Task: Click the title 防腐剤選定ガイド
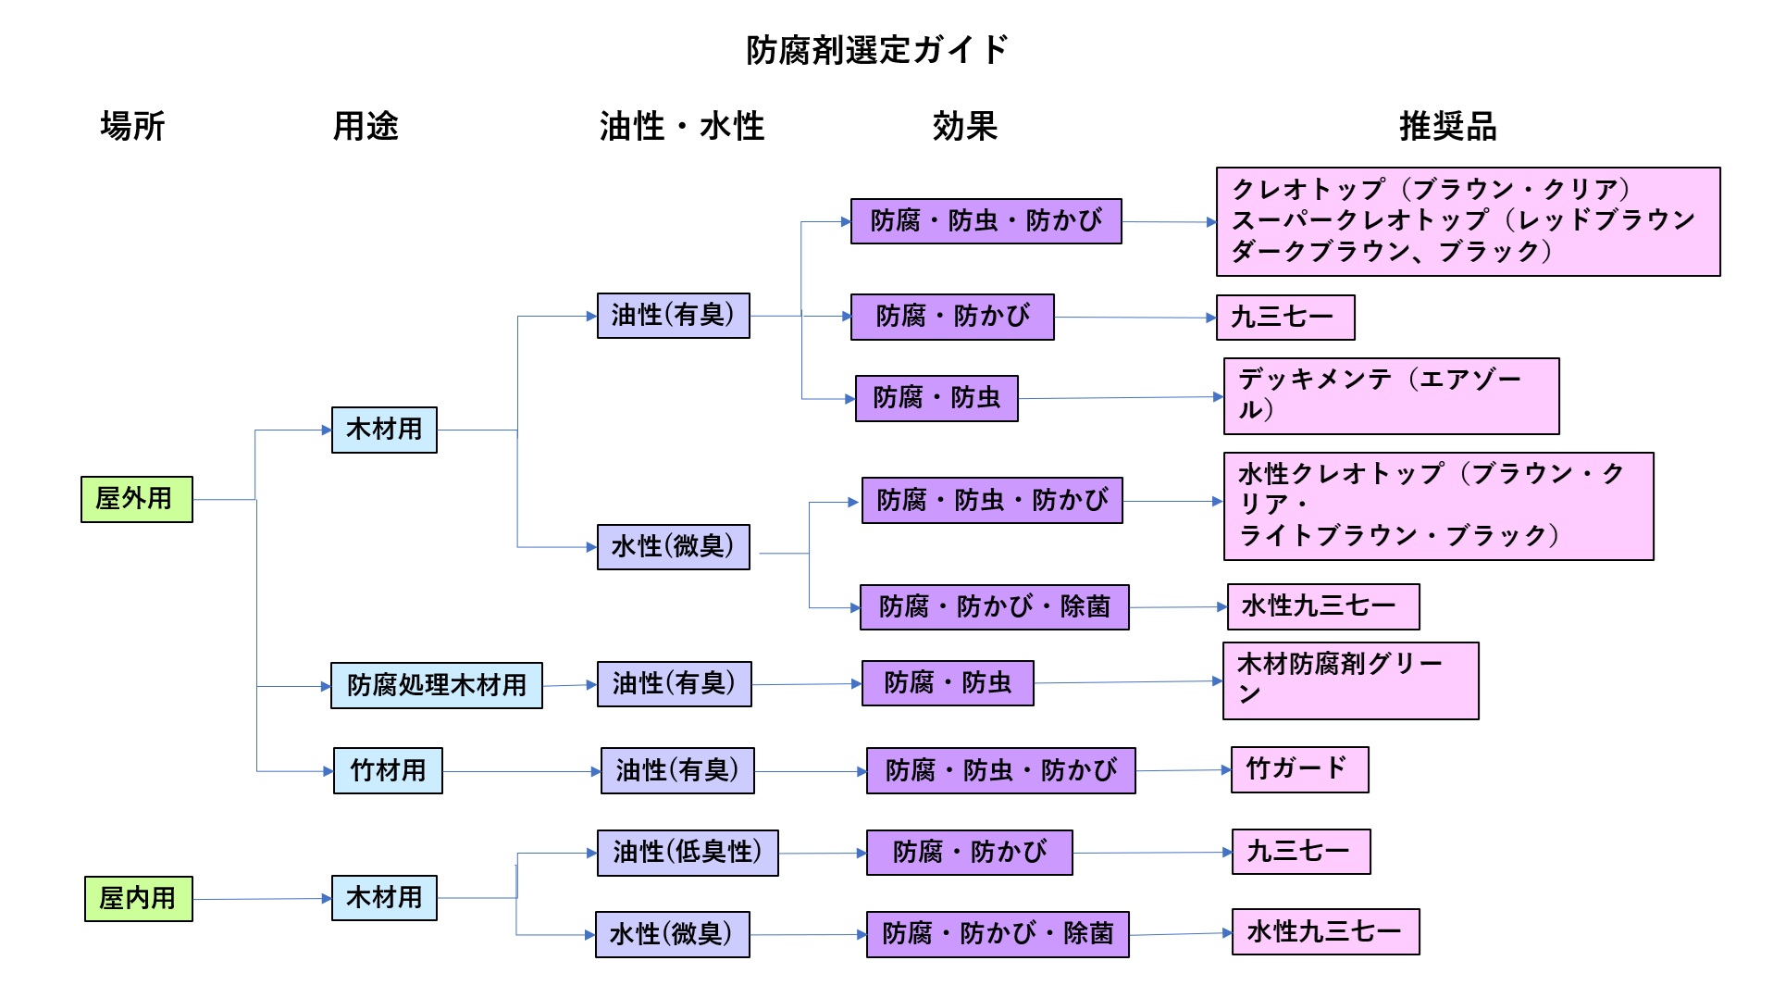(876, 50)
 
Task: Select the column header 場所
(132, 126)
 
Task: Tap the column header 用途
(366, 126)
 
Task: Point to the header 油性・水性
(681, 126)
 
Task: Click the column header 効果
(964, 126)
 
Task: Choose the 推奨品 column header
(1447, 126)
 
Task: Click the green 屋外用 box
(137, 499)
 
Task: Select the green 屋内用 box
(139, 898)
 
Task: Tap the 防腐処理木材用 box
(437, 685)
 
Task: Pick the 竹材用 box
(388, 770)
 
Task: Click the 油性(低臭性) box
(688, 853)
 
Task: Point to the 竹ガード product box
(1299, 769)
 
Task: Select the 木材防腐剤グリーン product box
(1350, 680)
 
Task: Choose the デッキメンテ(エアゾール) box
(1391, 396)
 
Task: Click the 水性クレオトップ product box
(1438, 505)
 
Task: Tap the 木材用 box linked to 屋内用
(384, 898)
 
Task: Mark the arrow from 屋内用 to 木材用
(262, 898)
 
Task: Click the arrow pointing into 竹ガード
(1183, 770)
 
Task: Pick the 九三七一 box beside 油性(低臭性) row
(1300, 852)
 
